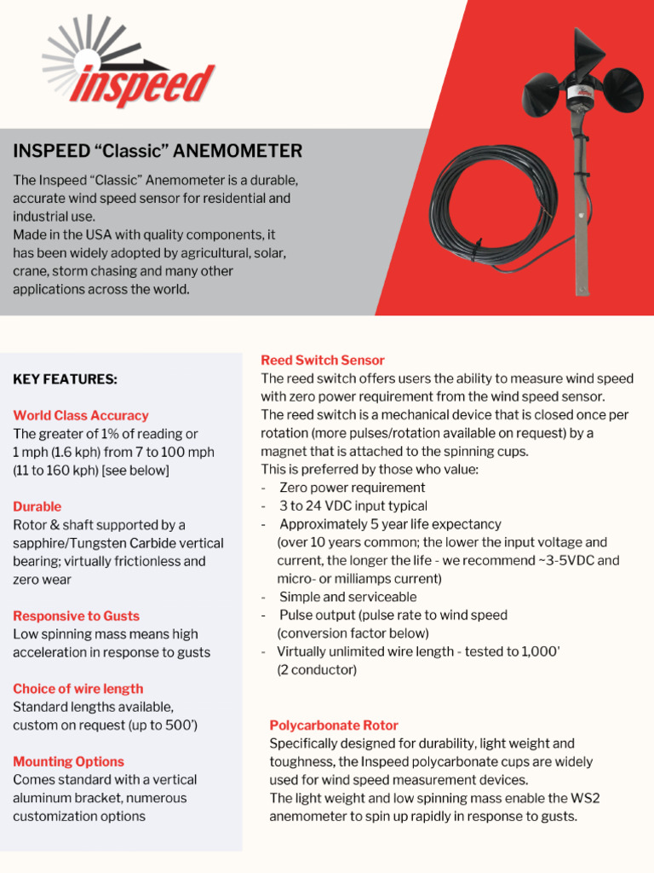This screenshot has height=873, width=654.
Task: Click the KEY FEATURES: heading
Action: click(x=65, y=379)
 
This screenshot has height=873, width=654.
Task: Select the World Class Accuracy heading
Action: click(x=81, y=416)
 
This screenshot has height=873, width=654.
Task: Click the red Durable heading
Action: click(x=37, y=507)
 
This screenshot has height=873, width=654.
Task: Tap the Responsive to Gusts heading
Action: click(x=76, y=616)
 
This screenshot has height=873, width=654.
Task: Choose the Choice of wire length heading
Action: click(x=78, y=689)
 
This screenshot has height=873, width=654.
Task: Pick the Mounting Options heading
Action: click(x=68, y=762)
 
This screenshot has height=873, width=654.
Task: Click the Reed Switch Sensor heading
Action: click(x=323, y=361)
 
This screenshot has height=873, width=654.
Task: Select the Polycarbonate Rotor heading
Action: click(x=334, y=726)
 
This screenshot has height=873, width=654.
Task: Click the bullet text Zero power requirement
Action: click(x=352, y=488)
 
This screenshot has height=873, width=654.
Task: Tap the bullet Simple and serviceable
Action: click(x=347, y=597)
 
